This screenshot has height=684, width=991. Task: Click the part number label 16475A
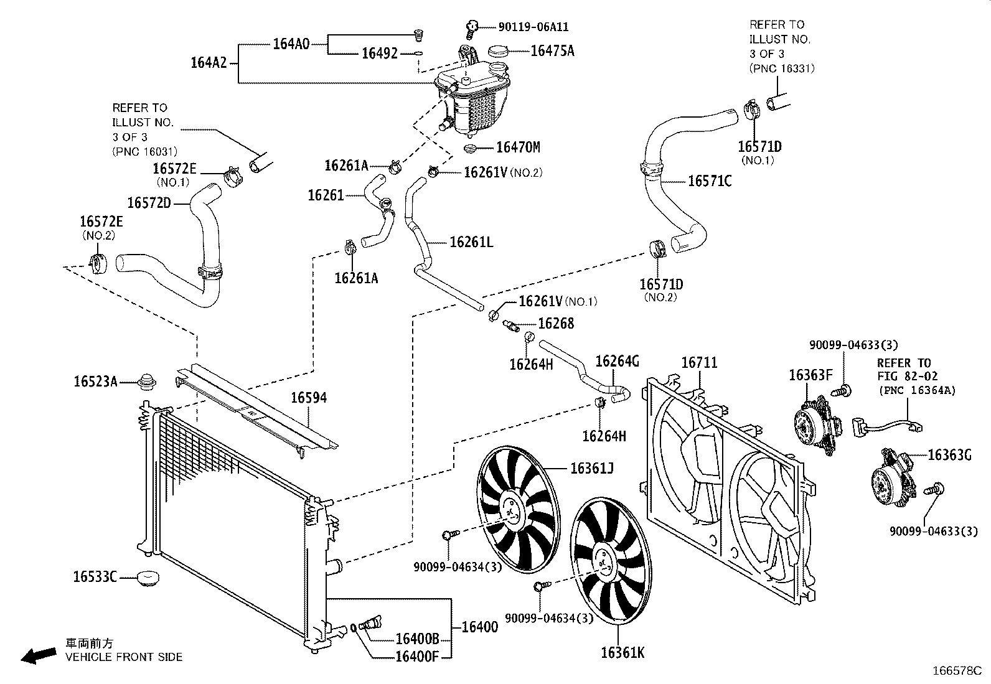tap(552, 51)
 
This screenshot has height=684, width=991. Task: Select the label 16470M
tap(518, 148)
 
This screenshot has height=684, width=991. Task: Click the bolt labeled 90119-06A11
tap(472, 26)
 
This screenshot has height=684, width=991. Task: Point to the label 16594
tap(309, 397)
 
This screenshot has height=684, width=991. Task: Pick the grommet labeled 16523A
tap(148, 380)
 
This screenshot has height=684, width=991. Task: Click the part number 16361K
tap(622, 652)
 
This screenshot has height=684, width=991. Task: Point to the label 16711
tap(699, 362)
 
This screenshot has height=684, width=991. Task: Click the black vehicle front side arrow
tap(37, 655)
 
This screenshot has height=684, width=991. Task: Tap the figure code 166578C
tap(956, 671)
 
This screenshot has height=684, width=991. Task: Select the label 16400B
tap(417, 639)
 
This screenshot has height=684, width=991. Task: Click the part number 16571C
tap(710, 181)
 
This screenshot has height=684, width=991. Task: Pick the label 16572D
tap(149, 203)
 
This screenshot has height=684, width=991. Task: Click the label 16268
tap(556, 323)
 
